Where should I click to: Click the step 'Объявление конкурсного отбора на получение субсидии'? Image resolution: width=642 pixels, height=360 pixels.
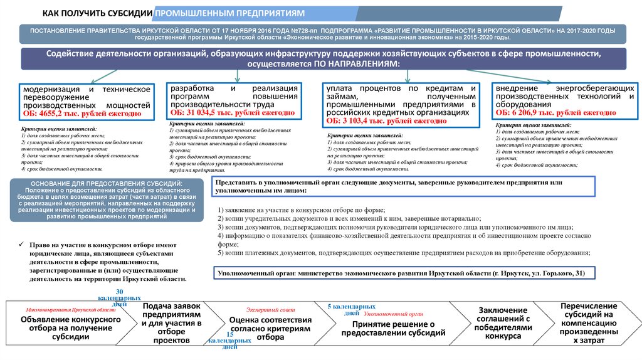point(71,327)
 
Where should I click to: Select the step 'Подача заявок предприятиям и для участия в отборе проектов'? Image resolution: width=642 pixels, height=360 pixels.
point(171,322)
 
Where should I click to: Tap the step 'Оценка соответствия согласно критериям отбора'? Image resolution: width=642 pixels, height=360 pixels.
point(270,327)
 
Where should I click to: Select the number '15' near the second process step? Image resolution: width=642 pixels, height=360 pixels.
point(229,334)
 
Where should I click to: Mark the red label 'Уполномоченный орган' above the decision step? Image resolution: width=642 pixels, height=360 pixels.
point(393,312)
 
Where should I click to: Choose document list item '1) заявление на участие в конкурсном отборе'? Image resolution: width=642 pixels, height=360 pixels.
point(301,209)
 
